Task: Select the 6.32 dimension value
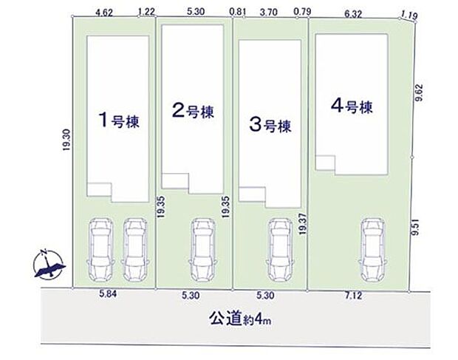click(x=354, y=12)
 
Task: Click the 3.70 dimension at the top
click(x=269, y=12)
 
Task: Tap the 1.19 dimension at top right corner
click(x=407, y=13)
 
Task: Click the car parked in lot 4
click(x=372, y=248)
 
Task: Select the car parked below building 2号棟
click(x=202, y=249)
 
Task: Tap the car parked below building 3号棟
click(x=279, y=249)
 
